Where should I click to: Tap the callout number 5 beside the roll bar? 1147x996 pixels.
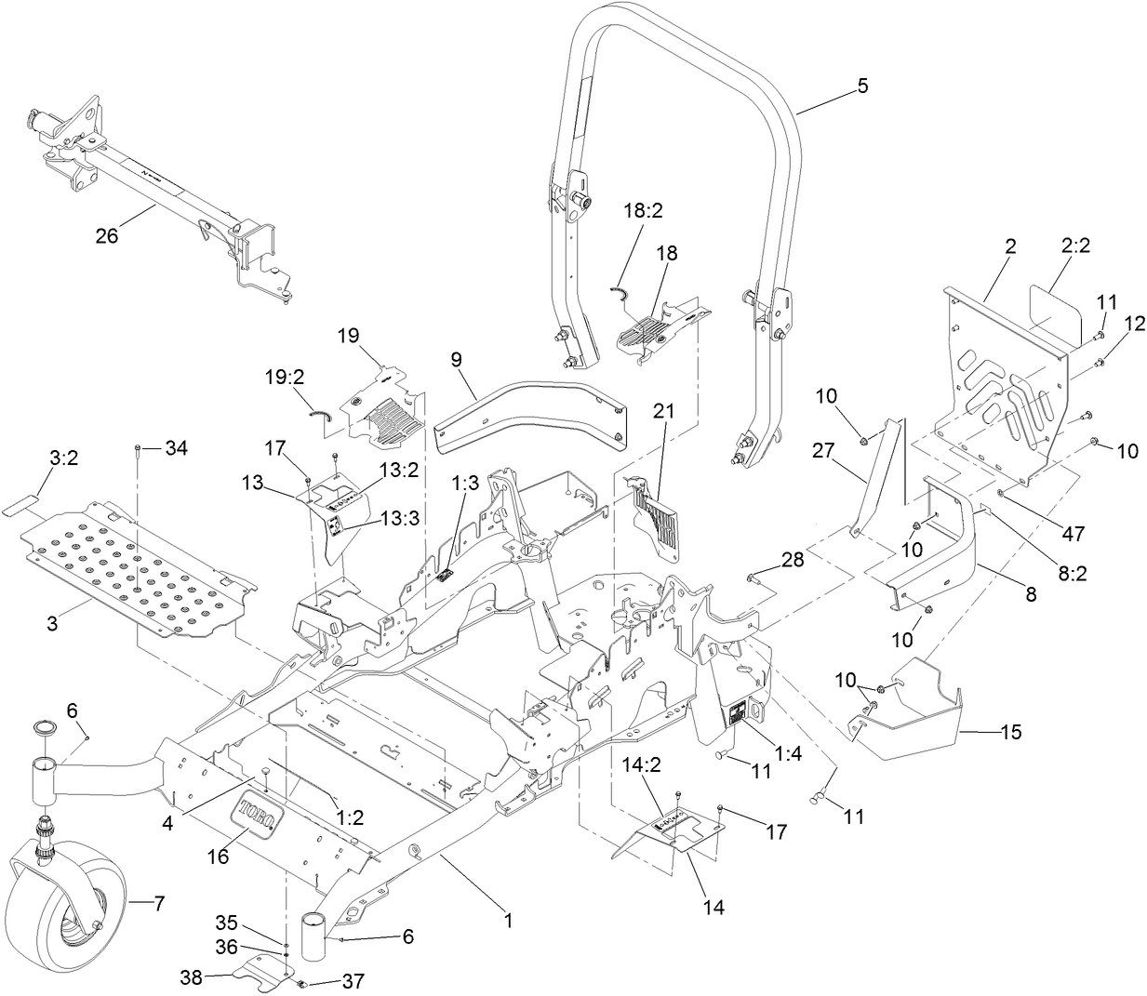861,86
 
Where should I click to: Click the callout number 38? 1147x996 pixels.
192,977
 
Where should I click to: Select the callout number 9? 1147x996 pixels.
457,358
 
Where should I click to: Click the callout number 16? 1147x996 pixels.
218,857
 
